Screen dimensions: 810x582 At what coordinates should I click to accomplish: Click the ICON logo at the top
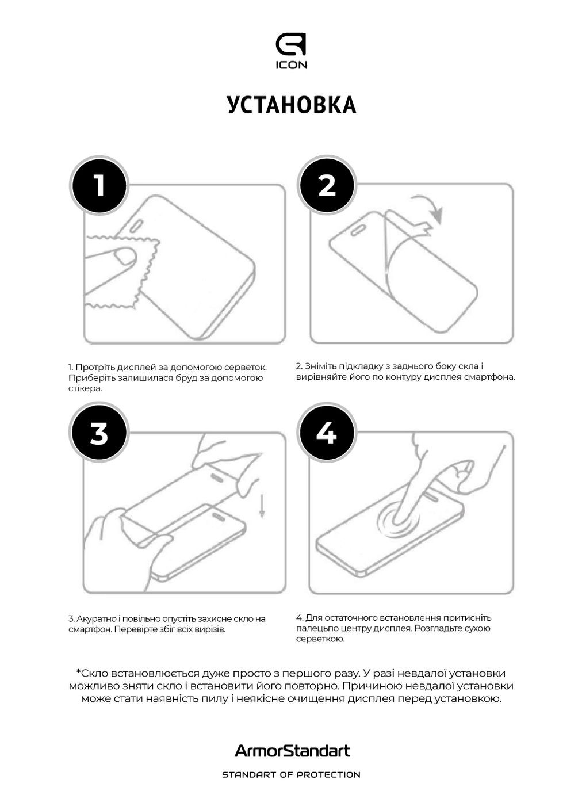291,51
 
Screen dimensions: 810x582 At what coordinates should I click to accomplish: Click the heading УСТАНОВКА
292,105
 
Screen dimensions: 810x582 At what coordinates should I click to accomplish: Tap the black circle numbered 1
99,186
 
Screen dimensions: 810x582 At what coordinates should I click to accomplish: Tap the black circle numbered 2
327,186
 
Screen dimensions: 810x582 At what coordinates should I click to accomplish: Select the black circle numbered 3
99,433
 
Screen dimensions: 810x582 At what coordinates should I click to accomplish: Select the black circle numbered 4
327,433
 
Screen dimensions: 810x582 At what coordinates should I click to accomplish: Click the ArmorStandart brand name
292,751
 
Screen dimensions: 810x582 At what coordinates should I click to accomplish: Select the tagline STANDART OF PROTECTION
291,775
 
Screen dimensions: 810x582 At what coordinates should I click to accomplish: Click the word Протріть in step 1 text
95,367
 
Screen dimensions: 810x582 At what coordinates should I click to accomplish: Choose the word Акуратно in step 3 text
95,619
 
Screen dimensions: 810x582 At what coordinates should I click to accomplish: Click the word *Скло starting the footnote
92,673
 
